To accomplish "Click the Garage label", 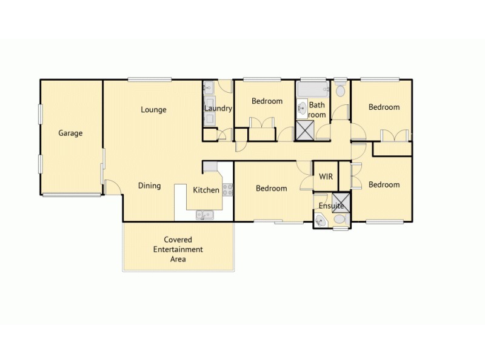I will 70,133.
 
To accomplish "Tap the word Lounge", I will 153,110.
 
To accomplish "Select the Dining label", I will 149,186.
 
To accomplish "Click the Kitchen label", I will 206,190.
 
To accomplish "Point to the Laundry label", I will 218,109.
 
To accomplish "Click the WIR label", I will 326,176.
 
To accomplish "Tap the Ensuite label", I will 331,206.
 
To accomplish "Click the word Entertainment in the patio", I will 178,249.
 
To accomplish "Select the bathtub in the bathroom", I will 312,90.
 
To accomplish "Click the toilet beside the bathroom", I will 340,91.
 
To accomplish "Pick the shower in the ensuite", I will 342,201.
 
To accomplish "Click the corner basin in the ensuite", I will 320,221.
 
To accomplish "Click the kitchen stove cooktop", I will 228,189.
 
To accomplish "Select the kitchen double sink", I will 203,214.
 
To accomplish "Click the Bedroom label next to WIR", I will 271,188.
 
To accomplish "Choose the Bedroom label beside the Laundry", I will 267,101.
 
